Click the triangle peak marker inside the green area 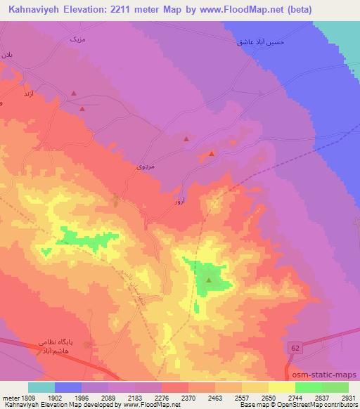(209, 279)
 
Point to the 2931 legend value (349, 398)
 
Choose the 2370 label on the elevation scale (188, 398)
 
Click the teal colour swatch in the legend (41, 387)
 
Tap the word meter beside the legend (9, 398)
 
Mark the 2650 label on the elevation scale (269, 398)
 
